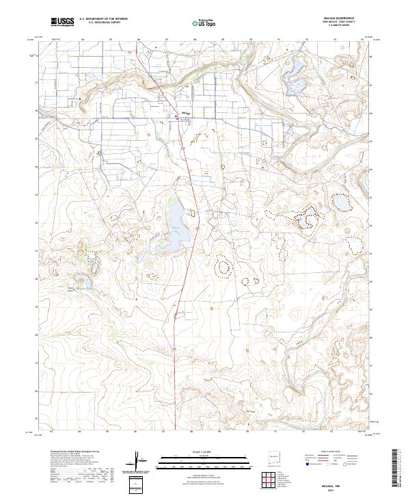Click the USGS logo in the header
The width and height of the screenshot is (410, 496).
point(61,23)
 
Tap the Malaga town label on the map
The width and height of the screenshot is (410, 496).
point(184,112)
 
